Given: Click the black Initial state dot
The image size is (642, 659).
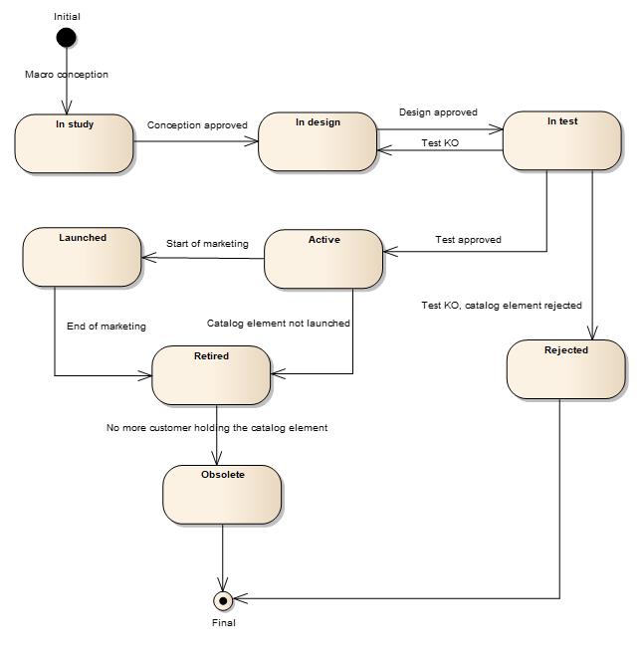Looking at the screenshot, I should click(66, 38).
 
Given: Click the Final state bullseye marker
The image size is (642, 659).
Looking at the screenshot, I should click(223, 599).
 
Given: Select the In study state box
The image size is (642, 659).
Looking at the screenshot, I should click(75, 143).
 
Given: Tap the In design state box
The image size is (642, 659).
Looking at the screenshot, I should click(318, 141).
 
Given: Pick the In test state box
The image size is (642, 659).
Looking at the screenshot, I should click(561, 140).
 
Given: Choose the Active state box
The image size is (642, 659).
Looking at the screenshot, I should click(323, 259).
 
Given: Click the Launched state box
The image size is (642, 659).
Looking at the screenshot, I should click(82, 257).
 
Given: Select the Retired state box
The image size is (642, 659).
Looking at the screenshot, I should click(211, 374).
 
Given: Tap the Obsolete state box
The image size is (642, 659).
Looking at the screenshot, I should click(222, 494).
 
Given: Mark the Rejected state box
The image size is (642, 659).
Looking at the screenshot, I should click(566, 369).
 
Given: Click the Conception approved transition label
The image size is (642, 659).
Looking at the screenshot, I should click(197, 125).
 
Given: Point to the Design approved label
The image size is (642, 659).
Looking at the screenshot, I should click(438, 112).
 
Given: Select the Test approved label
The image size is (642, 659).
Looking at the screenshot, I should click(468, 240).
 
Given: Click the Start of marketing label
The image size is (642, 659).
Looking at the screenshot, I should click(207, 244).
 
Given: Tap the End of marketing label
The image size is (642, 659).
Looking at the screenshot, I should click(106, 326).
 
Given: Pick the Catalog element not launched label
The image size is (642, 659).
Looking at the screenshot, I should click(278, 323).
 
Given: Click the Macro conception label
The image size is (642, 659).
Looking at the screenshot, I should click(67, 75).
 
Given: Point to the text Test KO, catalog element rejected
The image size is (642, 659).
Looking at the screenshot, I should click(501, 306).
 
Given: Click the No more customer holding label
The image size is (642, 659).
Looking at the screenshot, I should click(217, 428).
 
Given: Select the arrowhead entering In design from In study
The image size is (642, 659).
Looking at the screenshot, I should click(253, 141).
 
